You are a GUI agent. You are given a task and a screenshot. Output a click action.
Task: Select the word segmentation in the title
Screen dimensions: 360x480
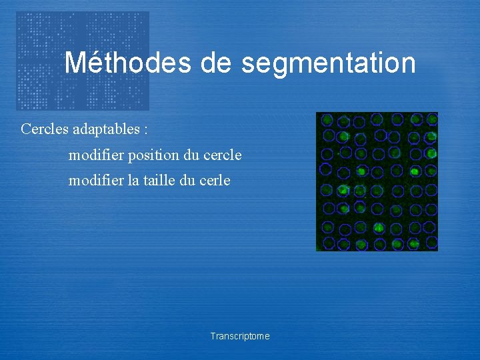coord(329,64)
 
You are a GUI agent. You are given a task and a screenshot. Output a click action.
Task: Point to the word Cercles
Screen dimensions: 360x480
coord(44,129)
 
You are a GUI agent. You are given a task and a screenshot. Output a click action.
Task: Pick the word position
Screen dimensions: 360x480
coord(152,155)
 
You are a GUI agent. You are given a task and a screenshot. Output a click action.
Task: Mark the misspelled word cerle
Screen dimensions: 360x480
coord(215,180)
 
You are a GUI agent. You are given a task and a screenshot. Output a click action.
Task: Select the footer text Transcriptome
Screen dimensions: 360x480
coord(240,336)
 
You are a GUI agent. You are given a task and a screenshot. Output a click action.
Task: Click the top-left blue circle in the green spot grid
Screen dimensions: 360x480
coord(327,120)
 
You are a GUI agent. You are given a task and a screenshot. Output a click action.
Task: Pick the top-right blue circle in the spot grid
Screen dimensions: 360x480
coord(431,119)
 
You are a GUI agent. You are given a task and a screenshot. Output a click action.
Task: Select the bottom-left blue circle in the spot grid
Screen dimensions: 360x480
coord(327,243)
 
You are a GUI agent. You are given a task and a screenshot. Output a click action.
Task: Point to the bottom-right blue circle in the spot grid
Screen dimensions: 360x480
coord(430,243)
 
